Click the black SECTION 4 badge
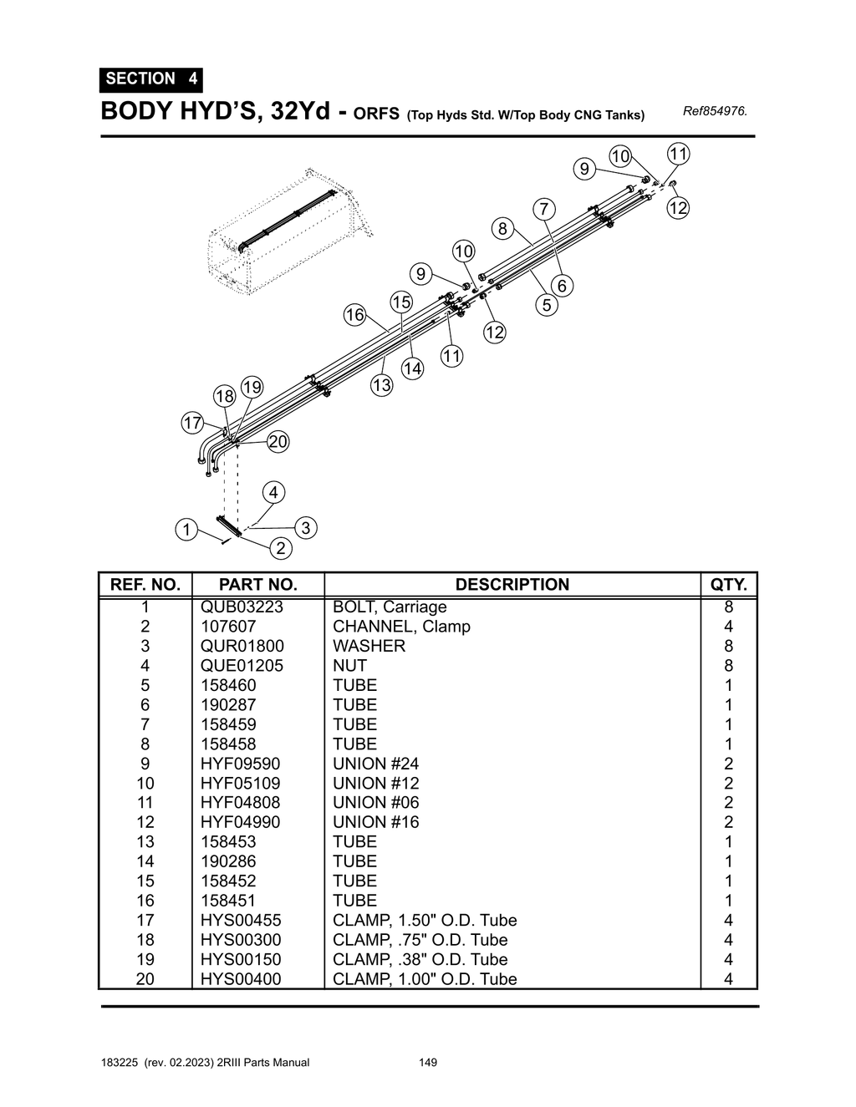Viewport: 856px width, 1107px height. click(150, 79)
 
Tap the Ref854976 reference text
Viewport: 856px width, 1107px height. click(715, 111)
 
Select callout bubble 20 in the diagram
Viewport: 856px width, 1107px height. click(278, 442)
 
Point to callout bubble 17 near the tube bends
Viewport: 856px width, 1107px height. click(192, 423)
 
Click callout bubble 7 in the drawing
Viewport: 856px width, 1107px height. click(543, 208)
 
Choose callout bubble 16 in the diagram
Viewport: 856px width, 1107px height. click(354, 314)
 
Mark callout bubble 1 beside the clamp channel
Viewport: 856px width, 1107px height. click(186, 530)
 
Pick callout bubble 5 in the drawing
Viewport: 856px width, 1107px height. click(547, 305)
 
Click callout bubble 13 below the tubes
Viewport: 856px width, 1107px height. click(381, 385)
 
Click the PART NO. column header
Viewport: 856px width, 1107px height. click(257, 585)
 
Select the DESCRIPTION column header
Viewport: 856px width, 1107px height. click(512, 585)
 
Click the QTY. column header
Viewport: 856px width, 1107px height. click(728, 585)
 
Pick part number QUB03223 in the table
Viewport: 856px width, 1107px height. click(242, 607)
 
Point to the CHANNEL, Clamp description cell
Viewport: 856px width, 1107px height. click(401, 627)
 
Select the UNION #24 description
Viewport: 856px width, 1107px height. click(375, 764)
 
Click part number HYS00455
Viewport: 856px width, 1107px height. click(241, 920)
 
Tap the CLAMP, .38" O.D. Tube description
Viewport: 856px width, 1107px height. click(420, 959)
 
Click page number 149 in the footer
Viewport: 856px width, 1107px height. click(428, 1063)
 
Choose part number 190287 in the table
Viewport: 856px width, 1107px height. click(228, 705)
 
